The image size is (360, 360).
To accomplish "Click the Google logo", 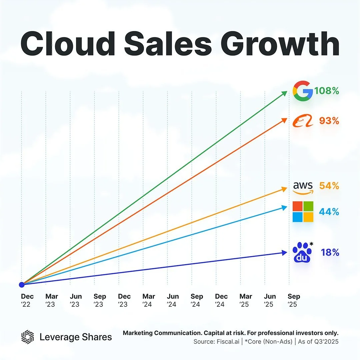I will (x=303, y=91).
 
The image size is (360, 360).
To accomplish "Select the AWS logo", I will (x=303, y=188).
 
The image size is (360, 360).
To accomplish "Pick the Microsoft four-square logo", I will (x=303, y=212).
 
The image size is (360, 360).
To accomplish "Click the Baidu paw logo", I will (x=301, y=252).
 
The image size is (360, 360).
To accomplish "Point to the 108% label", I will (x=327, y=91).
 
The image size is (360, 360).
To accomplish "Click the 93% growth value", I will (x=329, y=121).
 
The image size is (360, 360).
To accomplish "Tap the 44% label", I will (x=329, y=212).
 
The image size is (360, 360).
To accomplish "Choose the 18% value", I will (x=330, y=253).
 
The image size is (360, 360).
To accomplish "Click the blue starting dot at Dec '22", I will (x=22, y=285).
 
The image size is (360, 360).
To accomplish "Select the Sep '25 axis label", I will (x=294, y=300).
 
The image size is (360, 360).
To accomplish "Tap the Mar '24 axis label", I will (x=148, y=300).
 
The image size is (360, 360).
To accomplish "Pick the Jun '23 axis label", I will (x=76, y=300).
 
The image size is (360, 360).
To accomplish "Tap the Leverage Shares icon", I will (x=28, y=337).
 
